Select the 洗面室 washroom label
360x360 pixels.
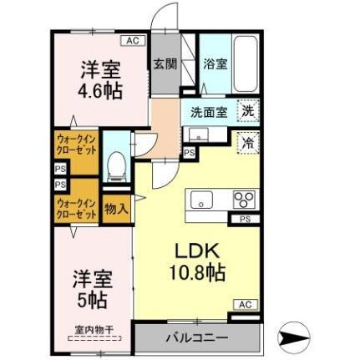point(204,110)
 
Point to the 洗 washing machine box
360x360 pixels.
point(248,110)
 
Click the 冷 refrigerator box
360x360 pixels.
point(248,144)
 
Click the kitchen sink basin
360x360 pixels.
point(203,200)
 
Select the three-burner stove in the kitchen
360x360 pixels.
point(244,200)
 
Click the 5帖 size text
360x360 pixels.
point(91,297)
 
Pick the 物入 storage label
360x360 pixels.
point(116,210)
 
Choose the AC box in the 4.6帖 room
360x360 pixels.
point(133,40)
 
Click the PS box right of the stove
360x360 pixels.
point(245,219)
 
